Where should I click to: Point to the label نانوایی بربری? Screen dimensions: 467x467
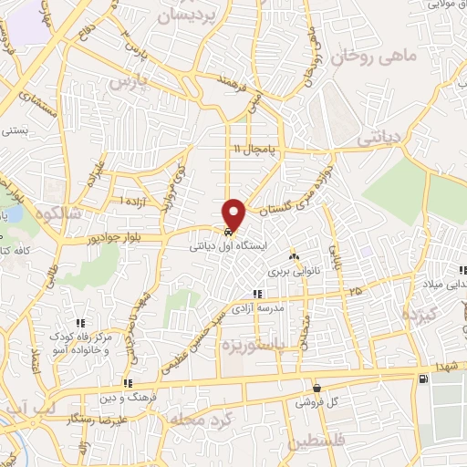point(290,271)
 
